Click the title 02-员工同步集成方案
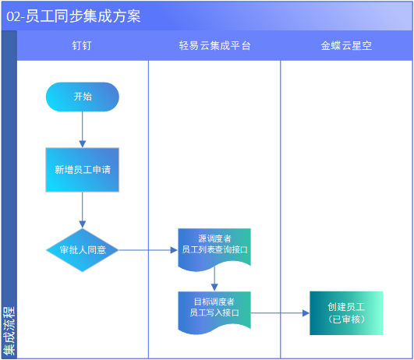pos(73,16)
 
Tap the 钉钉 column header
pos(82,46)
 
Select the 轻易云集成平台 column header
pos(214,46)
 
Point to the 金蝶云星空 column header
pos(346,46)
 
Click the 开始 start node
pos(83,97)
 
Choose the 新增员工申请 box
pos(83,170)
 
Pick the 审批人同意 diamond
pos(83,250)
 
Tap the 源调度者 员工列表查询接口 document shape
pos(214,248)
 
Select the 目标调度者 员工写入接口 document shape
pos(214,312)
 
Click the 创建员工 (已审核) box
pos(346,313)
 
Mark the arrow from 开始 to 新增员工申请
pos(83,129)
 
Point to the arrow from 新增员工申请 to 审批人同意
pos(83,210)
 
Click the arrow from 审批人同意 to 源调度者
pos(148,250)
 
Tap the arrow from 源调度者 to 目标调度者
pos(214,279)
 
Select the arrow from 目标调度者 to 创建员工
pos(280,313)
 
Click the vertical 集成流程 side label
pos(9,331)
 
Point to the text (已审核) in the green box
pos(346,319)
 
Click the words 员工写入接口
pos(214,312)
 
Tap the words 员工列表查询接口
pos(214,249)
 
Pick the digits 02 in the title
pos(13,16)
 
